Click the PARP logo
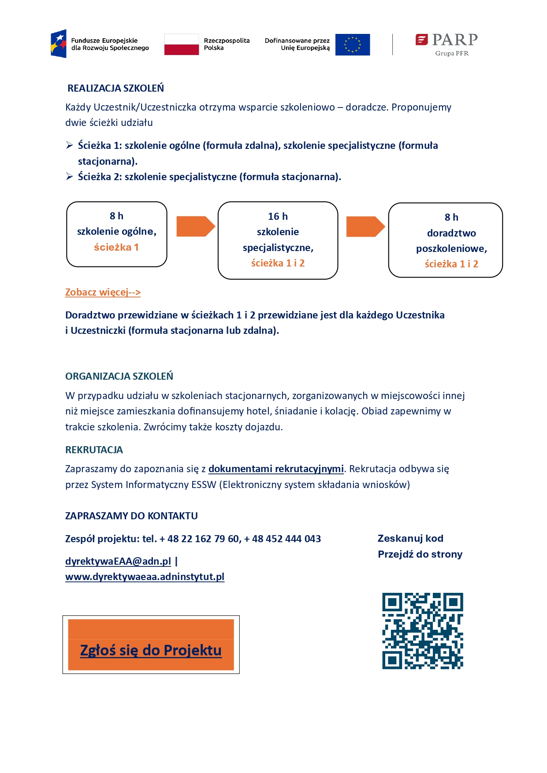(447, 44)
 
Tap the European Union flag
(352, 44)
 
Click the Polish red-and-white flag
(182, 44)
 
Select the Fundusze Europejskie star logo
(59, 44)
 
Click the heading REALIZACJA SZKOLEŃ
(115, 88)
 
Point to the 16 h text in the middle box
(278, 216)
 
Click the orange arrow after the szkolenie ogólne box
(195, 226)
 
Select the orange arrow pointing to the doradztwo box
(365, 226)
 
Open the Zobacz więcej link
(103, 292)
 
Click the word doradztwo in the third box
(451, 233)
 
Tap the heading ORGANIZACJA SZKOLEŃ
(119, 376)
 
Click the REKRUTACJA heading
(94, 450)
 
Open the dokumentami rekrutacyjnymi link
(276, 469)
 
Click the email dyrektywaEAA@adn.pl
(118, 561)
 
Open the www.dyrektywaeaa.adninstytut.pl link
(145, 577)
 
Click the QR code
(422, 631)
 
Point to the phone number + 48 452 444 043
(282, 539)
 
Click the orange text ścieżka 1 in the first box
(116, 247)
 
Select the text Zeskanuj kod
(410, 538)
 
